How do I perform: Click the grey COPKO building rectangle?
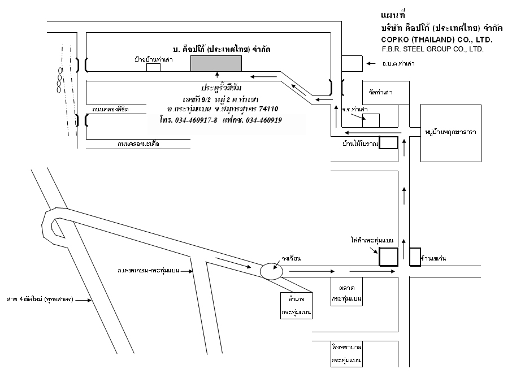click(216, 63)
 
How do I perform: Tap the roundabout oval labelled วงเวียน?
click(271, 272)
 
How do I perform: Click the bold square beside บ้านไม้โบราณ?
click(388, 143)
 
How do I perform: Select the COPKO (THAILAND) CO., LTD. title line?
click(437, 39)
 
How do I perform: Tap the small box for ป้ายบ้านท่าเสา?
click(153, 67)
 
